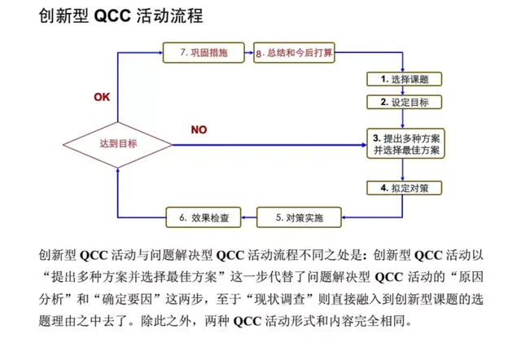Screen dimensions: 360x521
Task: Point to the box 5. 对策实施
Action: [293, 217]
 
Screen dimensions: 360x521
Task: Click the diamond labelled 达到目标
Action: [118, 144]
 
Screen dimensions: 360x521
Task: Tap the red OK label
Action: [102, 97]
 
